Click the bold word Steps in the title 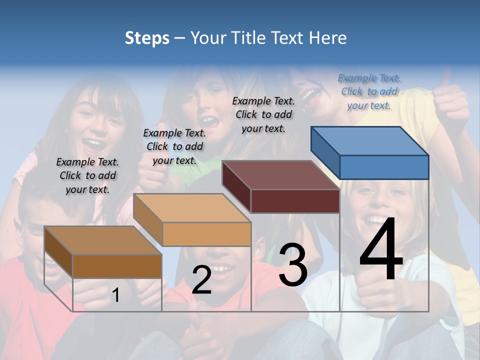(x=147, y=38)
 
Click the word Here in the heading (x=327, y=38)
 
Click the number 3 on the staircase (x=293, y=265)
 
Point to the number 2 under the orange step (x=201, y=280)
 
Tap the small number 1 (x=115, y=295)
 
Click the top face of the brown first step (x=103, y=240)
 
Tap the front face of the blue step (x=384, y=167)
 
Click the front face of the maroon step (x=295, y=201)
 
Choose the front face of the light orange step (x=206, y=234)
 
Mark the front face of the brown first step (x=117, y=266)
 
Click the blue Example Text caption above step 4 (x=369, y=91)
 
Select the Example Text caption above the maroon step (x=263, y=114)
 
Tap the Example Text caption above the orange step (x=174, y=146)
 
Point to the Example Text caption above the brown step (x=87, y=175)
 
